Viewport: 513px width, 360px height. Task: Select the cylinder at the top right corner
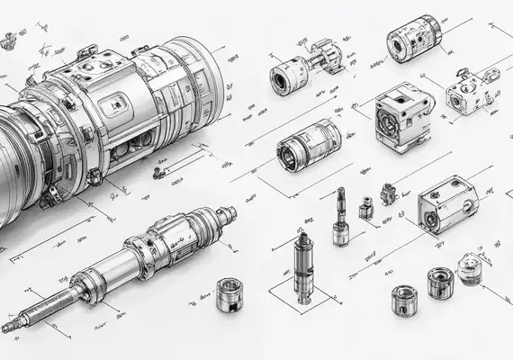[412, 42]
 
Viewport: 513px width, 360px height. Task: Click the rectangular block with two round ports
[446, 204]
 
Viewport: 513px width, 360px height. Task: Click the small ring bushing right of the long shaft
[231, 295]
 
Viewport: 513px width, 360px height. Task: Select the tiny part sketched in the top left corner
[11, 38]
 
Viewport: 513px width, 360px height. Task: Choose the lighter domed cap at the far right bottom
[469, 267]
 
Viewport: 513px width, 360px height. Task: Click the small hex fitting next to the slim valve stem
[366, 208]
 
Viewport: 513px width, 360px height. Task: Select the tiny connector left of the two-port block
[389, 193]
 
